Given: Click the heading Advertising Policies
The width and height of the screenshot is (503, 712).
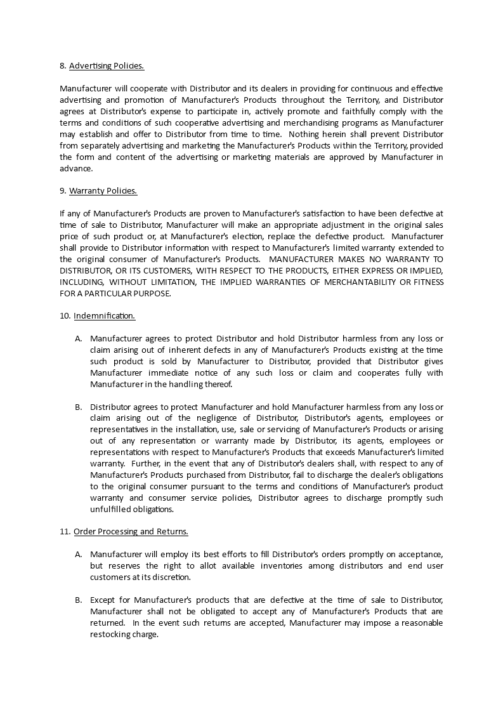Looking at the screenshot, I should (x=106, y=65).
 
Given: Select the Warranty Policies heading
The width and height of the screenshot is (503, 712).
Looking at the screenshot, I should (x=103, y=190).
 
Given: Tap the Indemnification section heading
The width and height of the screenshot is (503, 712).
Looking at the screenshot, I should (x=104, y=315).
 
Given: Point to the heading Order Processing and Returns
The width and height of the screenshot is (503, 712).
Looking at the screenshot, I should (x=131, y=531).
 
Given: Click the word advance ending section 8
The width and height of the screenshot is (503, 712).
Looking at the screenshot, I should (x=75, y=168).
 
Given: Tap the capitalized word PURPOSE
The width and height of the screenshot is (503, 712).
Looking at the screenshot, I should (x=154, y=293).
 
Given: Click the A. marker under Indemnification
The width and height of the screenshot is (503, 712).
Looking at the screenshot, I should (x=79, y=338).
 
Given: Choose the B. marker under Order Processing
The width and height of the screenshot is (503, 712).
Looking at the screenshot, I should (x=79, y=600).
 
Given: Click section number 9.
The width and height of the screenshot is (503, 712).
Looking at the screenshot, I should (x=62, y=190).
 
